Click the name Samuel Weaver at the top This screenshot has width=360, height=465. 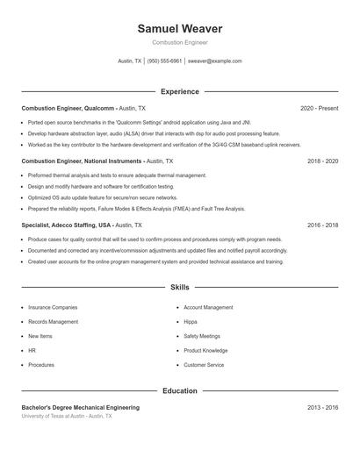click(x=180, y=29)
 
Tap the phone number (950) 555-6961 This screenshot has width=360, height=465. click(x=164, y=61)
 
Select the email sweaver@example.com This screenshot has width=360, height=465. click(x=215, y=61)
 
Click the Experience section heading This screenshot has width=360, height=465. click(x=180, y=91)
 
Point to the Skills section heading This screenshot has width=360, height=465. click(x=180, y=287)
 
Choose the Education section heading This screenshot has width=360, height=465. click(x=180, y=390)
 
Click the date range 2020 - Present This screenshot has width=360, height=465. click(x=319, y=108)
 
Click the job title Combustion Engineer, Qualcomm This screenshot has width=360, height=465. click(x=68, y=108)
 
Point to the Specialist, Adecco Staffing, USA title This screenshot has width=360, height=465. click(x=67, y=225)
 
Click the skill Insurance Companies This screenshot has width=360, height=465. click(x=53, y=308)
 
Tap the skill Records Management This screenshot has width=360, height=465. click(x=54, y=322)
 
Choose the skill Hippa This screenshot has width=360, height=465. click(x=191, y=322)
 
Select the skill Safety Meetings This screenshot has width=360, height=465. click(x=202, y=336)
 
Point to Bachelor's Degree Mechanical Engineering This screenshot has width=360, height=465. click(x=81, y=408)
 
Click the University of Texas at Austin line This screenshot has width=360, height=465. click(x=67, y=416)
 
